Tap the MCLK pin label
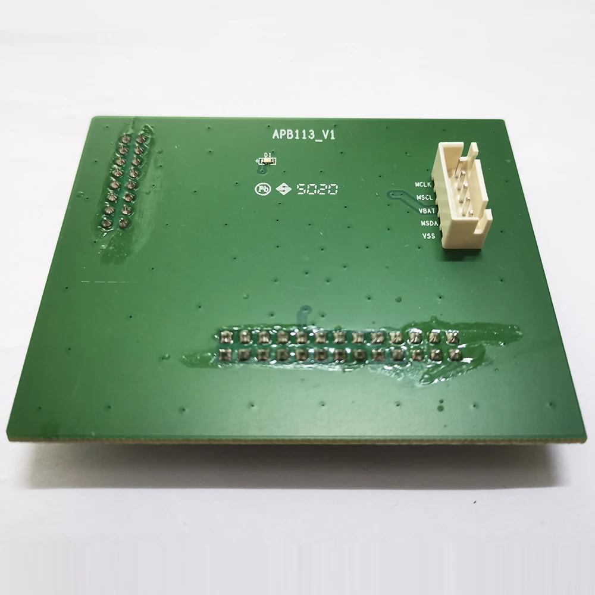tap(424, 184)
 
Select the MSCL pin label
tap(424, 197)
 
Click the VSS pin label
tap(428, 236)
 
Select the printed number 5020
tap(318, 189)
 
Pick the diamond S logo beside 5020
tap(284, 189)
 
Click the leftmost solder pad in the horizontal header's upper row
tap(226, 337)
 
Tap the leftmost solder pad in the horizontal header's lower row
tap(225, 356)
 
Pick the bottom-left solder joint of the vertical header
tap(106, 223)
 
